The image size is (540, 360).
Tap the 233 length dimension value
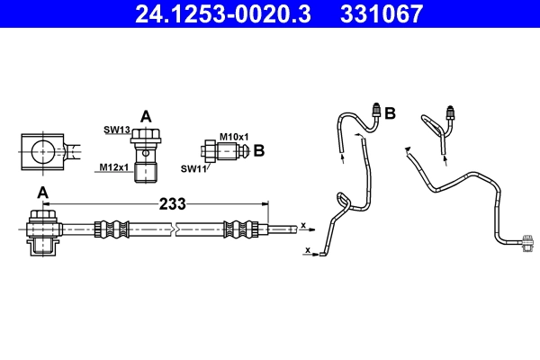point(172,204)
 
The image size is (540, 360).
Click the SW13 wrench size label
point(117,130)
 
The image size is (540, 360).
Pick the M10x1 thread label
point(232,136)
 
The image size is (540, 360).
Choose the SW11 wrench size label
point(193,168)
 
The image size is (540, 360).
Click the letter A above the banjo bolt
point(147,114)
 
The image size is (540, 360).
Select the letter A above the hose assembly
point(42,193)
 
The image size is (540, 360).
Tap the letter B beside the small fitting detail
point(258,150)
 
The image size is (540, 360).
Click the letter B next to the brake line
point(391,113)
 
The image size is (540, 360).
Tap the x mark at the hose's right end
point(303,225)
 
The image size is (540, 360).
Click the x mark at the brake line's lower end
point(309,249)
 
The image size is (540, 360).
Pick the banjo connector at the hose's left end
point(42,231)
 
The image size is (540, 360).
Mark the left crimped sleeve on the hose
point(107,229)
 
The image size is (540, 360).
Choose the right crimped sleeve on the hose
point(241,229)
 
